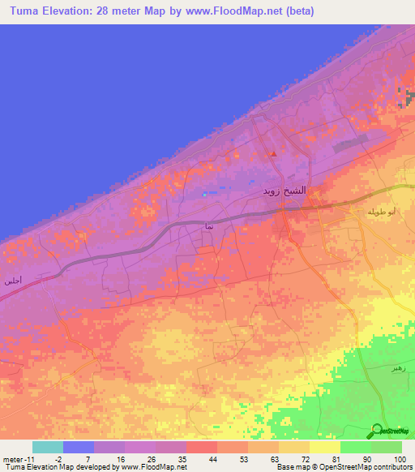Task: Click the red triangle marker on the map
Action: [x=274, y=152]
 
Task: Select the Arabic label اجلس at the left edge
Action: [x=11, y=281]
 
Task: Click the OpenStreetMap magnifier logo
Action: [x=378, y=431]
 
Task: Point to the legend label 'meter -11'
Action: [x=19, y=458]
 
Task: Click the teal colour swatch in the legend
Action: [x=48, y=447]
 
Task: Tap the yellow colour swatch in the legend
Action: [x=323, y=447]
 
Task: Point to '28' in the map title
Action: [x=107, y=11]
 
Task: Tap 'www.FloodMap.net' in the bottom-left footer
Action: [x=153, y=467]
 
